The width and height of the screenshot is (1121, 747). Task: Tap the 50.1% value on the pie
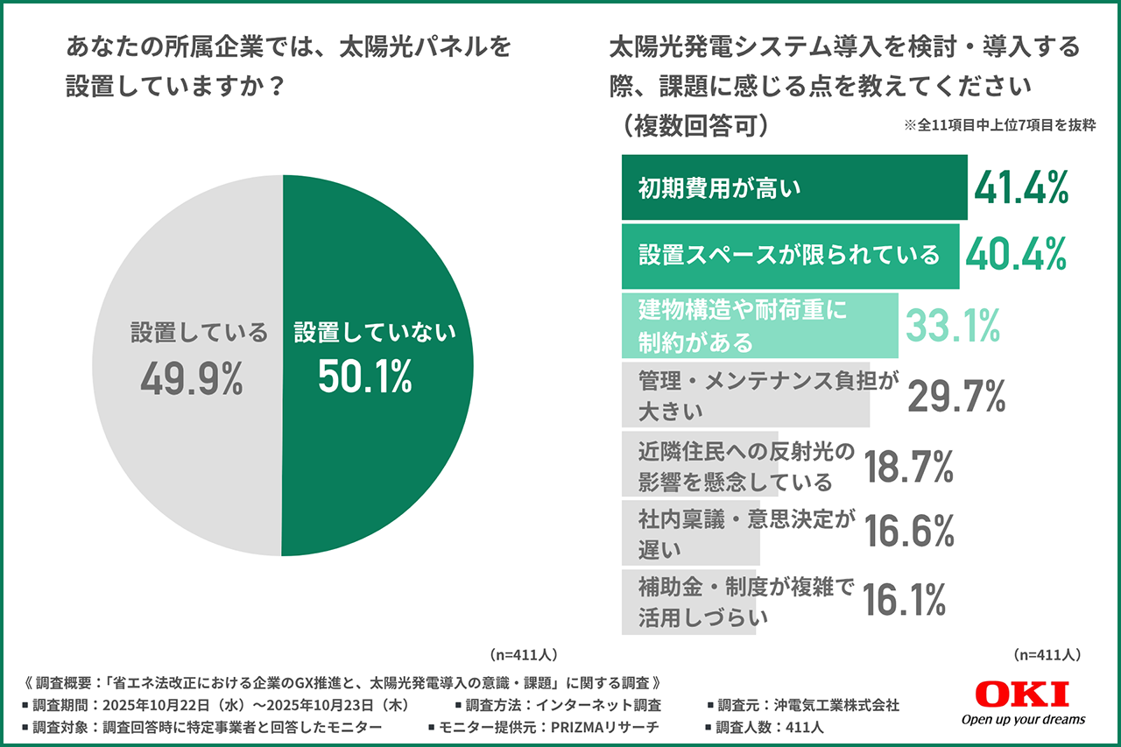pos(364,377)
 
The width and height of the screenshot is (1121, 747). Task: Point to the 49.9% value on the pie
pos(191,377)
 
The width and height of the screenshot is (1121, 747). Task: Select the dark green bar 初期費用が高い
pos(793,187)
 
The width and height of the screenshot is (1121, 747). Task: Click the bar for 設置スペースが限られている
pos(789,256)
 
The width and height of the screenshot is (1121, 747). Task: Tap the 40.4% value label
pos(1015,255)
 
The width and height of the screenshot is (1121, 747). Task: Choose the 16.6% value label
pos(908,531)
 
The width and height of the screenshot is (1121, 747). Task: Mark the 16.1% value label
pos(904,601)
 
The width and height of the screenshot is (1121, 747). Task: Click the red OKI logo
pos(1021,694)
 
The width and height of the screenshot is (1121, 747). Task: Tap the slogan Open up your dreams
pos(1023,719)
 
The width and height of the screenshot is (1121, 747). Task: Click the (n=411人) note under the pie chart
pos(520,654)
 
